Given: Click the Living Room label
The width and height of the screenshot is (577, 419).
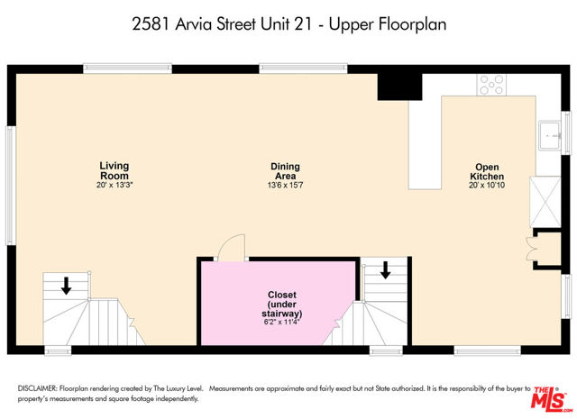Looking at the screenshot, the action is [114, 170].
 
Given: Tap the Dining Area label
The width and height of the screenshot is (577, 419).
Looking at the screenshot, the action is [285, 171].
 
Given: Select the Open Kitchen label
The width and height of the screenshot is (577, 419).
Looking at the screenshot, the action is [487, 172].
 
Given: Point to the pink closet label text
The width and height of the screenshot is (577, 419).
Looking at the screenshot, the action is [282, 305].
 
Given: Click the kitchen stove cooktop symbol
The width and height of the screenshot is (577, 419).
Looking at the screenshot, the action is [491, 85].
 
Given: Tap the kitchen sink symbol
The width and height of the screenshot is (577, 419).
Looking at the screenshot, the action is [551, 136].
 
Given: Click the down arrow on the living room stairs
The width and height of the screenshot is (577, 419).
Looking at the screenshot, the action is [66, 286].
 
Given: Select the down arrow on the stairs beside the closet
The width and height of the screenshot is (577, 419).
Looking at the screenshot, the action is [385, 270].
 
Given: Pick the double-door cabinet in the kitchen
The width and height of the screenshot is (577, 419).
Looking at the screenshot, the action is [547, 249].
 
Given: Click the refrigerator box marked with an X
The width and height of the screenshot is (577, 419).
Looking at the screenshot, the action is [545, 202].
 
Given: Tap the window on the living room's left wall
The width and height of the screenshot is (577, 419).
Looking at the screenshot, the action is [11, 186].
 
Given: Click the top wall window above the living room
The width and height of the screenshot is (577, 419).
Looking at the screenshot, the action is [127, 68].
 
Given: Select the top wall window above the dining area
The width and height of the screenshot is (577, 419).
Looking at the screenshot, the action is [303, 68].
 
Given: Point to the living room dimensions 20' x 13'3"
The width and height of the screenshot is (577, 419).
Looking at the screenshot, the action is [114, 185].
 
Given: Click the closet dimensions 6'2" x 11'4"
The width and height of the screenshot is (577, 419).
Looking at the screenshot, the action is [282, 323].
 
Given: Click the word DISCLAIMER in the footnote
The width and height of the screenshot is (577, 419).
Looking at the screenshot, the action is [38, 388].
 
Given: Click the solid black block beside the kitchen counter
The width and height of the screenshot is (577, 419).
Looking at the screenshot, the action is [399, 87].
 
